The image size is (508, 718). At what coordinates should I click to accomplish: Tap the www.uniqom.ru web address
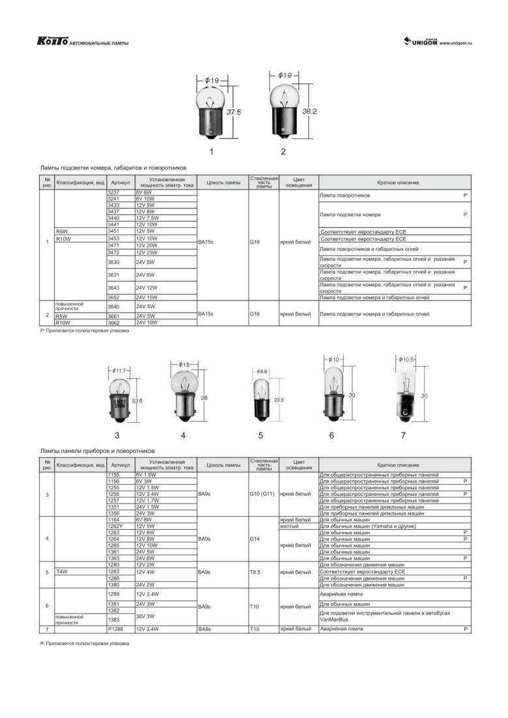click(456, 43)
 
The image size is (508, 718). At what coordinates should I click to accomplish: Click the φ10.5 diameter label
click(408, 359)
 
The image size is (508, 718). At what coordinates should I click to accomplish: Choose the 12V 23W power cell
click(147, 252)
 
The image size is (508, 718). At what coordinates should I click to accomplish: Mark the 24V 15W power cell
click(147, 297)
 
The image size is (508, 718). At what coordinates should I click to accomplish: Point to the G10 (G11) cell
click(262, 494)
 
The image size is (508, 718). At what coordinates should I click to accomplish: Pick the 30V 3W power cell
click(145, 616)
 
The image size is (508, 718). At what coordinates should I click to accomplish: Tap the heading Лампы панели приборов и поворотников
click(97, 450)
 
